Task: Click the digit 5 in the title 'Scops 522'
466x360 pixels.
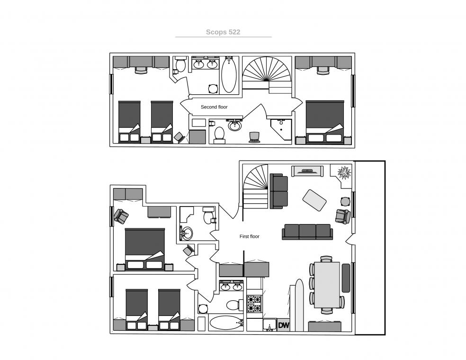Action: pyautogui.click(x=231, y=32)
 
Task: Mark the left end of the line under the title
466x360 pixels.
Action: pyautogui.click(x=175, y=37)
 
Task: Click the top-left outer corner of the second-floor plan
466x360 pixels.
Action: pyautogui.click(x=110, y=53)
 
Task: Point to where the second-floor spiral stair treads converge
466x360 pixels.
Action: pyautogui.click(x=267, y=81)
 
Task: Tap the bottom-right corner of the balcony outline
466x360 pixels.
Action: pyautogui.click(x=385, y=335)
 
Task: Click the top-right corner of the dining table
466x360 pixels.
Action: pyautogui.click(x=340, y=262)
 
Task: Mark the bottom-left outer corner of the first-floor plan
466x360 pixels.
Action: pyautogui.click(x=110, y=333)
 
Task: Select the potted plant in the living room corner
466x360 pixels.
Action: pyautogui.click(x=344, y=172)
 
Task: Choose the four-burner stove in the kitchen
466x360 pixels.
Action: pyautogui.click(x=255, y=304)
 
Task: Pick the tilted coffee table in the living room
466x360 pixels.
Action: pyautogui.click(x=314, y=200)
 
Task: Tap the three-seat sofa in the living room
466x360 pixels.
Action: pyautogui.click(x=307, y=232)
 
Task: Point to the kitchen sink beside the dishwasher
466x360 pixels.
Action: pyautogui.click(x=270, y=324)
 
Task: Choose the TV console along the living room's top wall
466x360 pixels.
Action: pyautogui.click(x=307, y=171)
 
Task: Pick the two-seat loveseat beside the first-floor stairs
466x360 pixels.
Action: pyautogui.click(x=279, y=191)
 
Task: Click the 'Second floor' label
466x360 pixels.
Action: pyautogui.click(x=214, y=107)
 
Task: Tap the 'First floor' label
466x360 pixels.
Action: pyautogui.click(x=250, y=236)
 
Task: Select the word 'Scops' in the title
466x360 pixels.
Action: pyautogui.click(x=216, y=32)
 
